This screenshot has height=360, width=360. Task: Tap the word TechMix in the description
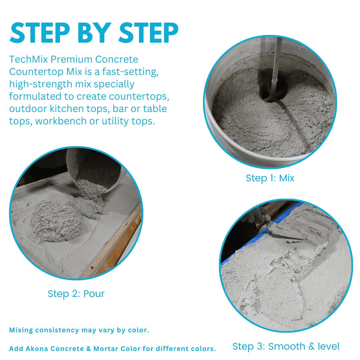point(28,59)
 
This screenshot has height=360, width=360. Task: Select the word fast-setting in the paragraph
point(130,72)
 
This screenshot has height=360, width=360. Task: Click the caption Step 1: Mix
point(270,178)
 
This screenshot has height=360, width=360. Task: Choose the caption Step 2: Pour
point(76,294)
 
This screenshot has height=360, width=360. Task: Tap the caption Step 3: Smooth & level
point(286,346)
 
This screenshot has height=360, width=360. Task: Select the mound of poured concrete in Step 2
point(56,222)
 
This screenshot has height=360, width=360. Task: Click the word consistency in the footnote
point(57,330)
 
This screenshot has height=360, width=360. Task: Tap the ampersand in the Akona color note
point(89,349)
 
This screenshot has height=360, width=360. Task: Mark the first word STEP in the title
point(40,33)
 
